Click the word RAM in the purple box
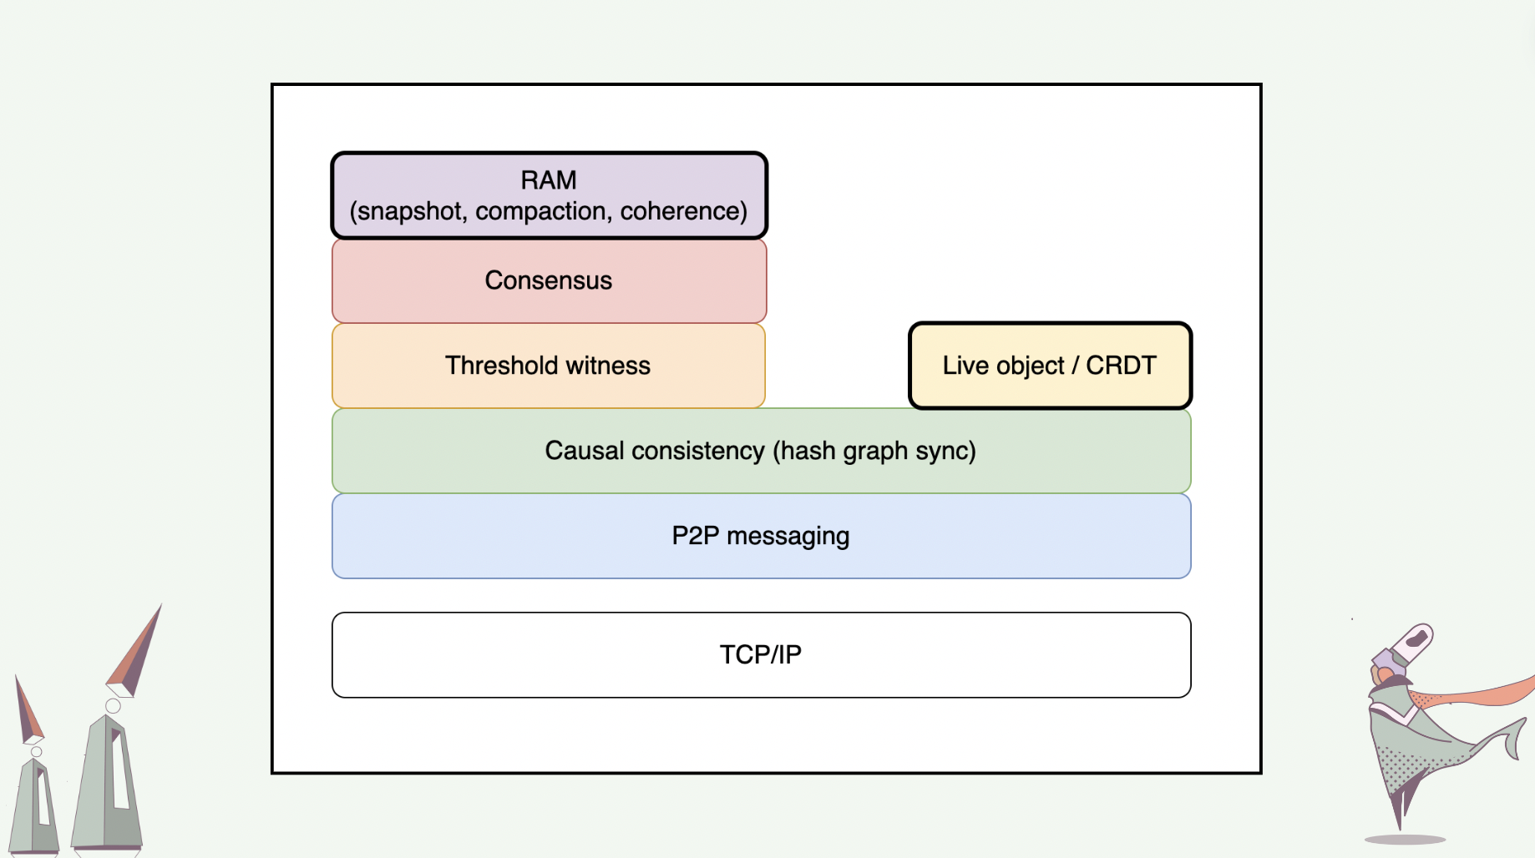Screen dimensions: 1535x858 coord(549,180)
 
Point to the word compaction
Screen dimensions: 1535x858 coord(541,211)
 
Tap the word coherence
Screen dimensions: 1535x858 coord(680,211)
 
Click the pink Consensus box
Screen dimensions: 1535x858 coord(550,280)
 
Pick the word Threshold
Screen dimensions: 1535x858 coord(501,366)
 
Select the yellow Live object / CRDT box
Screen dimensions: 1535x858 coord(1050,366)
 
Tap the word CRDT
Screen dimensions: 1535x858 coord(1121,366)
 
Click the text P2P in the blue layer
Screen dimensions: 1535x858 coord(696,536)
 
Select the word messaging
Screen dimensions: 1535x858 coord(788,537)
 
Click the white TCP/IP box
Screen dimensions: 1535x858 coord(762,655)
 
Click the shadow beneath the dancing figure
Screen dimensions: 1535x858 coord(1405,840)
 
